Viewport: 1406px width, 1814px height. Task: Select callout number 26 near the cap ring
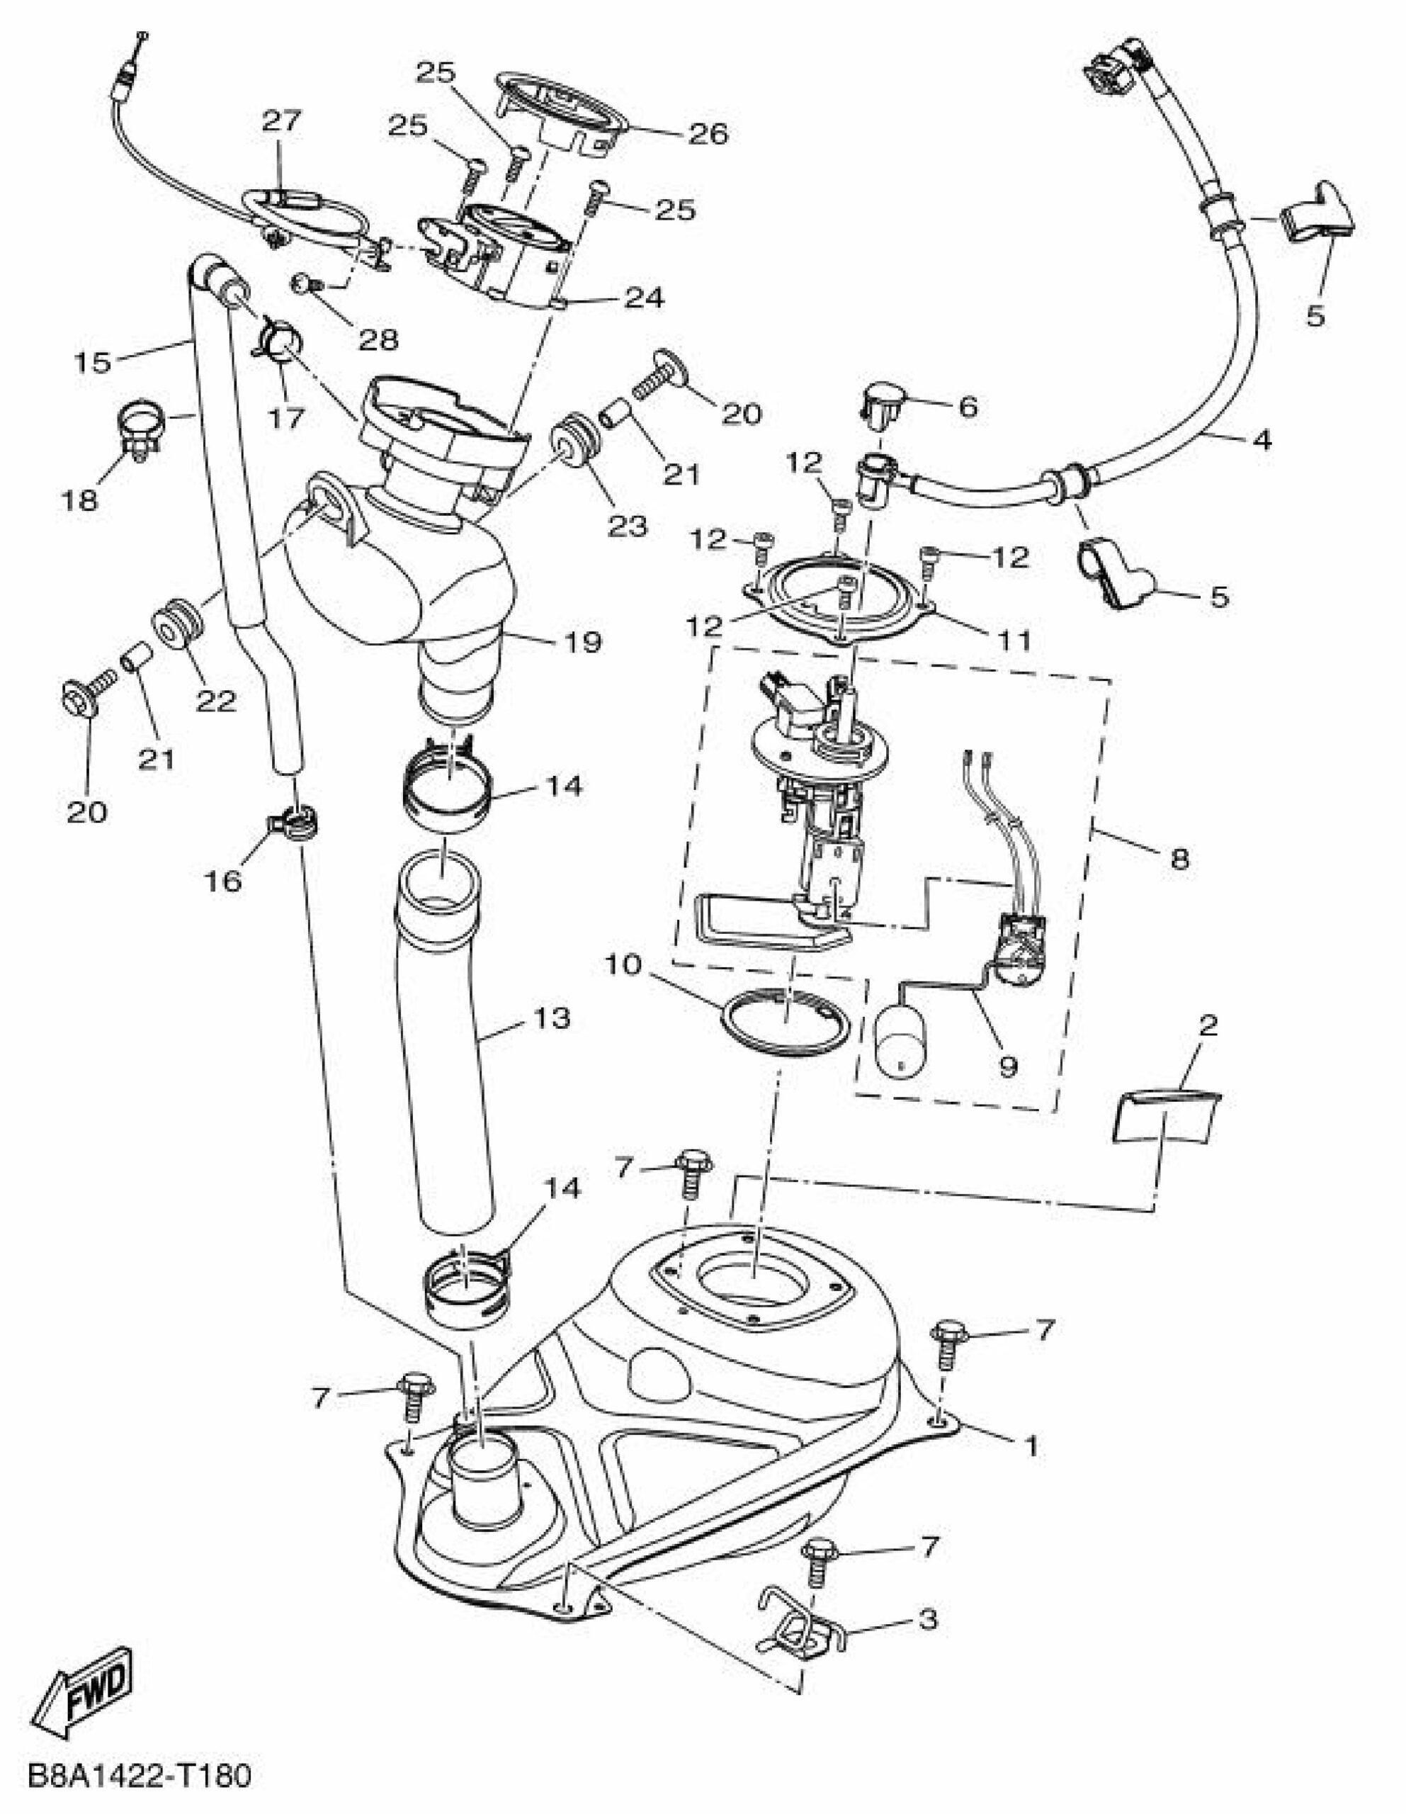click(708, 134)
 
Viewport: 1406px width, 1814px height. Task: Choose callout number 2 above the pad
click(1208, 1026)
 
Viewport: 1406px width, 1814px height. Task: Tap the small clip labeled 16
click(293, 822)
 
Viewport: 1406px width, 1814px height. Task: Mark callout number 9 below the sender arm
click(1008, 1066)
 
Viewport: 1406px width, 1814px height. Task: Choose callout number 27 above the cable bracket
click(283, 121)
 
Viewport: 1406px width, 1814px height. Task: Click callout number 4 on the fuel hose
click(1262, 439)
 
